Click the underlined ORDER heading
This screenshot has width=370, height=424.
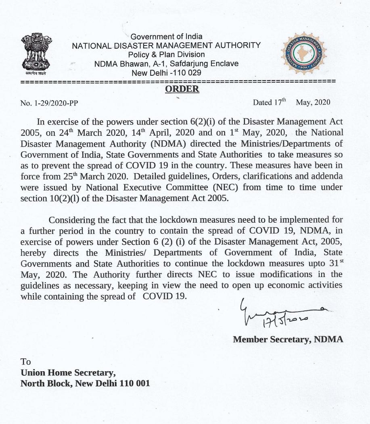[x=182, y=89]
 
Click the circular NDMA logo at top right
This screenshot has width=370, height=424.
[x=303, y=55]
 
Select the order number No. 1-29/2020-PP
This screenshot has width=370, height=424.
[x=49, y=103]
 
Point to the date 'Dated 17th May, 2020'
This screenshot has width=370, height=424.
[x=291, y=102]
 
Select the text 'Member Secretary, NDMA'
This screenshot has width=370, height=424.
[x=288, y=339]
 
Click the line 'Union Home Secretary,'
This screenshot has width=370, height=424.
[x=68, y=372]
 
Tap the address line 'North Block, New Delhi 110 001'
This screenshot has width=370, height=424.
[x=85, y=383]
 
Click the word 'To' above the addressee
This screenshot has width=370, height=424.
[x=25, y=362]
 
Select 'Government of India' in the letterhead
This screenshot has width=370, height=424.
[x=167, y=37]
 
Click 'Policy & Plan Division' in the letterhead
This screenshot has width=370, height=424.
[x=166, y=54]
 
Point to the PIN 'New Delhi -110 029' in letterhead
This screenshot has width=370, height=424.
[x=167, y=73]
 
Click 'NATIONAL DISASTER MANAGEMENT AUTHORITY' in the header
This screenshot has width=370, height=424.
[x=166, y=46]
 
